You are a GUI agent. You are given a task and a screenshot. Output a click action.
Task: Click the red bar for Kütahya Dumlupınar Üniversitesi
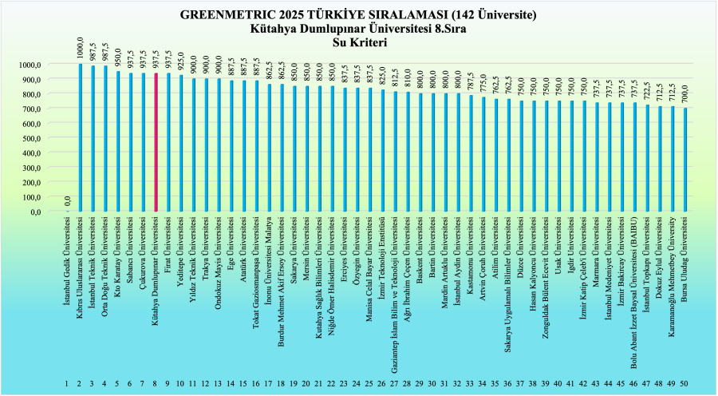(156, 143)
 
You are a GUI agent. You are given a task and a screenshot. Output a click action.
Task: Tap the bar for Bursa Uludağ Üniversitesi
(685, 160)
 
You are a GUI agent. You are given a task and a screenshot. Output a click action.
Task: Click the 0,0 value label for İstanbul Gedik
(68, 200)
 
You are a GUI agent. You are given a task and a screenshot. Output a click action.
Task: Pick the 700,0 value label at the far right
(685, 96)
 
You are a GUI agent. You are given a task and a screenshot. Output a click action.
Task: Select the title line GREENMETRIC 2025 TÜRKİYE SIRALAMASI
(358, 14)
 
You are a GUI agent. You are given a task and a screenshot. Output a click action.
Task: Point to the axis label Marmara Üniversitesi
(597, 255)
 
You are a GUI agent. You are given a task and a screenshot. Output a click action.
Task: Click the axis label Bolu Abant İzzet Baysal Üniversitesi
(635, 291)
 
